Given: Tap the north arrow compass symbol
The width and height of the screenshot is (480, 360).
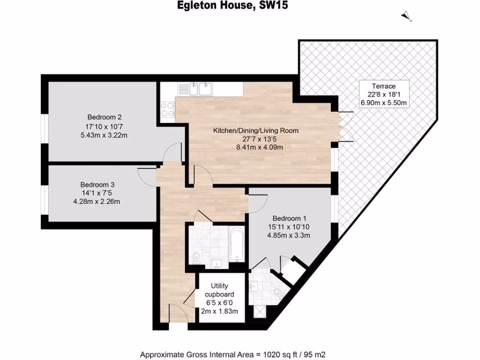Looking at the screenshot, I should [x=406, y=17].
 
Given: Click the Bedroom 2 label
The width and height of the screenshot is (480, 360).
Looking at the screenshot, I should [x=105, y=117].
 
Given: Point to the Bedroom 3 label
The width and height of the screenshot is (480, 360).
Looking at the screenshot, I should [x=97, y=185].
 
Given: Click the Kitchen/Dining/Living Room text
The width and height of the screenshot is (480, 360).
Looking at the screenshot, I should [x=255, y=131].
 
